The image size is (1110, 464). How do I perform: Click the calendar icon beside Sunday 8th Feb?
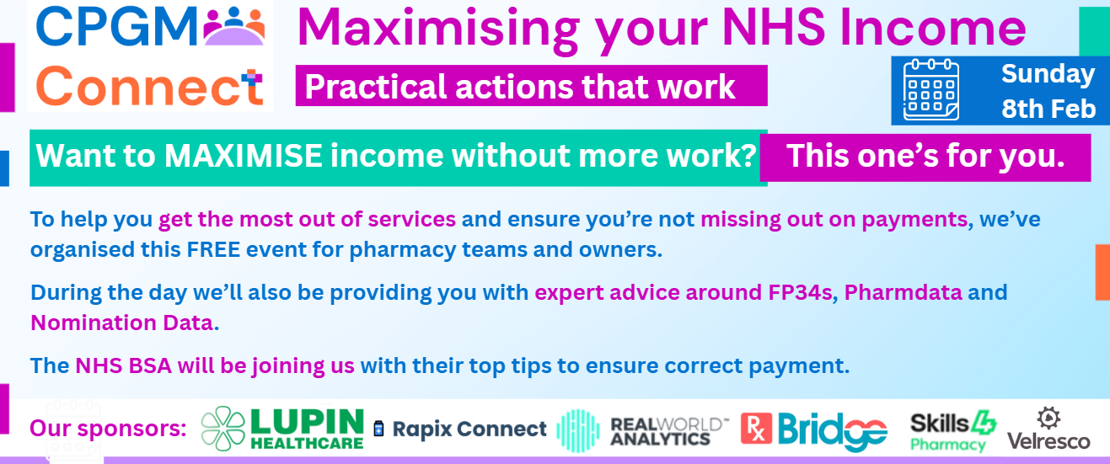coord(931,89)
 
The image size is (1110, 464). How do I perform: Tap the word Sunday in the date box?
coord(1048,75)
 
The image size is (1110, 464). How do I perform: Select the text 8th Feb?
coord(1048,109)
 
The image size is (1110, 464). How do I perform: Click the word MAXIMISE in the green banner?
coord(244,156)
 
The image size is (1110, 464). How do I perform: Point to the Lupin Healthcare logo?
coord(282,429)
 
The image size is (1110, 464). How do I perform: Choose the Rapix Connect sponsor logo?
coord(460,429)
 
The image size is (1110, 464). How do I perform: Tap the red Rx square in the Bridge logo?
coord(756,429)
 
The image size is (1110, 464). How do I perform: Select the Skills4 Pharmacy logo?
coord(953,430)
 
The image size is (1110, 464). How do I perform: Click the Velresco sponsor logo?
coord(1048,429)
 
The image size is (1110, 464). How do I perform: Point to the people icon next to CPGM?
coord(234,26)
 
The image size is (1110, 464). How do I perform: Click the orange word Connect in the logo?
coord(149,86)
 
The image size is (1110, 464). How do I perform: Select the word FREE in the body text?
coord(213,249)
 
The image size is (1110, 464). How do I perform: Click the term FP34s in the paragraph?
coord(801,293)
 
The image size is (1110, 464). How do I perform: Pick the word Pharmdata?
coord(903,293)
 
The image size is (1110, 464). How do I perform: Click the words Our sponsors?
coord(108,429)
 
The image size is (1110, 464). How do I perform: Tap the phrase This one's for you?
coord(925,156)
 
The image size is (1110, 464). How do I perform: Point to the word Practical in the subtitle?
coord(376,87)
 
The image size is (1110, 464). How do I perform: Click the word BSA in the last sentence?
coord(150,366)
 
